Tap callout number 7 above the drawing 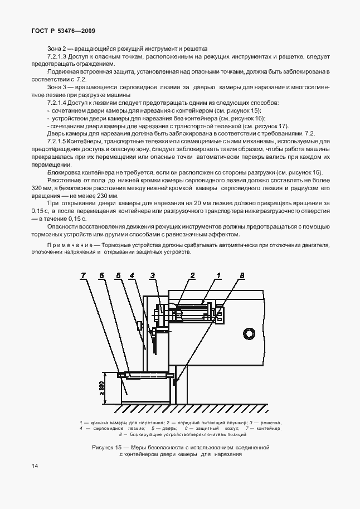point(83,275)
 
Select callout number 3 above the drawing point(152,275)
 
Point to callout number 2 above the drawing point(192,275)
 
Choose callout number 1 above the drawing point(219,275)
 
